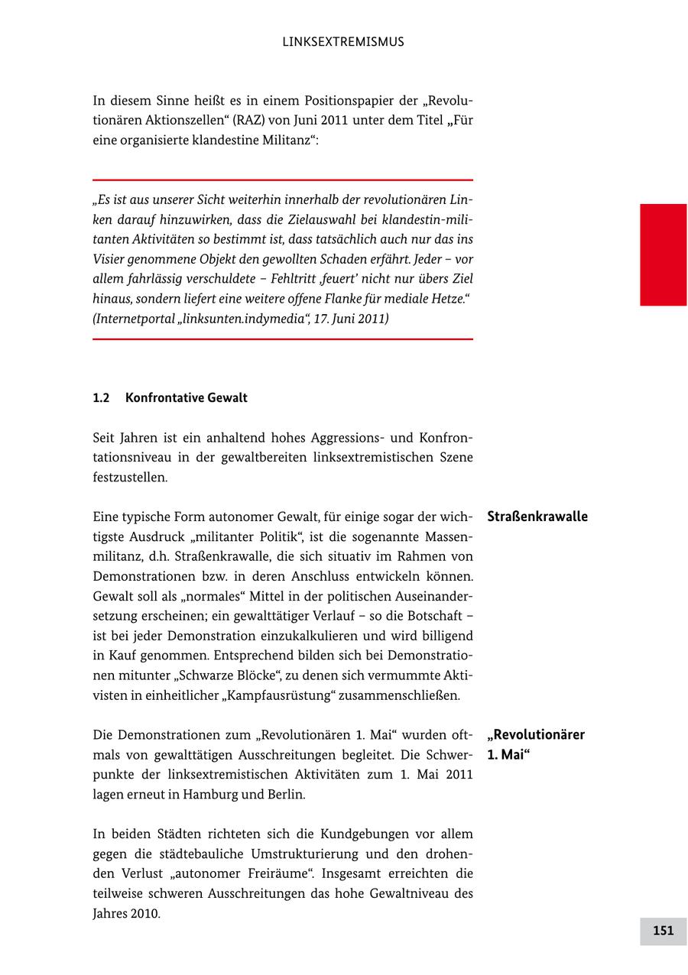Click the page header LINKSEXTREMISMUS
[343, 42]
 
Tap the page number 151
[663, 930]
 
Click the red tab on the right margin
[663, 254]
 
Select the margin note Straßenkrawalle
[537, 517]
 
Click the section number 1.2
[102, 398]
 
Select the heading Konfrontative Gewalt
[186, 398]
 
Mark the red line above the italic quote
[283, 180]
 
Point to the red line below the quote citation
[283, 338]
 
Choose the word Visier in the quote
[110, 259]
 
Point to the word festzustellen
[129, 478]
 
